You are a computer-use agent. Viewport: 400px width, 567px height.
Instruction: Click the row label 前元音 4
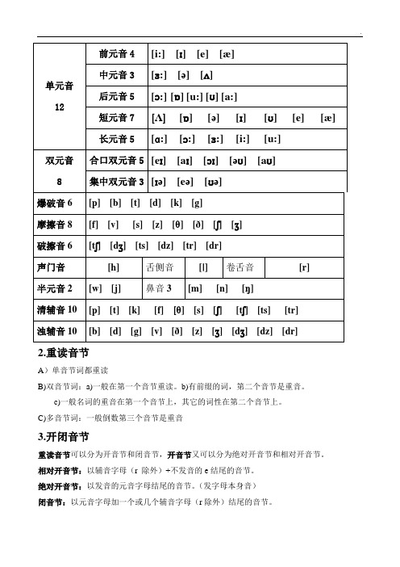(117, 53)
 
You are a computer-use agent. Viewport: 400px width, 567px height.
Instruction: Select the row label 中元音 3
(117, 75)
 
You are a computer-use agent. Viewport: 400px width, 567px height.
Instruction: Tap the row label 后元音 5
(117, 97)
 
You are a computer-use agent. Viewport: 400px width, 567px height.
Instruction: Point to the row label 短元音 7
(117, 119)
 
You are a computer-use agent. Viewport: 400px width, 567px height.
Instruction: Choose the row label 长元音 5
(117, 139)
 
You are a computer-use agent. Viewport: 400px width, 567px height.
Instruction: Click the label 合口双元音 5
(117, 161)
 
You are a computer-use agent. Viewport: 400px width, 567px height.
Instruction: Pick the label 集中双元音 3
(117, 182)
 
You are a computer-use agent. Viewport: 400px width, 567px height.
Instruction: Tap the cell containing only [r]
(304, 267)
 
